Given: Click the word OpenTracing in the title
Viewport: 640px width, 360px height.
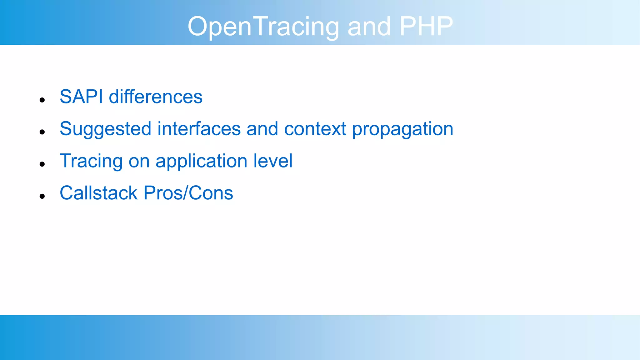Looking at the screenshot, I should [263, 27].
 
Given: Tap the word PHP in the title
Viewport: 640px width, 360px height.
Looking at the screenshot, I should [426, 26].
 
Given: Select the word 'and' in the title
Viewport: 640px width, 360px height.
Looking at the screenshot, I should [369, 27].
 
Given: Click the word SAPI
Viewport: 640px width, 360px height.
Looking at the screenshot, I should [81, 97].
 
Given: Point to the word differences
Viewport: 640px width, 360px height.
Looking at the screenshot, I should [156, 97].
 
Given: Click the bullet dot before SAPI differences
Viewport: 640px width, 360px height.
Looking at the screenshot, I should [42, 100].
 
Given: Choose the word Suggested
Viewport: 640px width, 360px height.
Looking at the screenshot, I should [105, 129].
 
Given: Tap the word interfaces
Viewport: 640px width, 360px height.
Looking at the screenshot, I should [199, 129].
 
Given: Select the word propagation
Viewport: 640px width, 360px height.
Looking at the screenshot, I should [402, 129].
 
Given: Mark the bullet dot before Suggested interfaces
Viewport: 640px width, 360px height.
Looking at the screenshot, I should [42, 132].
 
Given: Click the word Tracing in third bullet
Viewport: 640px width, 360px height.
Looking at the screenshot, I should [91, 162].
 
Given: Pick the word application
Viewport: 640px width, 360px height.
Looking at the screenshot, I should [202, 162].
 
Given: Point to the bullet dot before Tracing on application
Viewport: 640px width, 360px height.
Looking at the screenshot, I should [42, 164].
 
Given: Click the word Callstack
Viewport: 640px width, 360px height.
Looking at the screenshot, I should [98, 193].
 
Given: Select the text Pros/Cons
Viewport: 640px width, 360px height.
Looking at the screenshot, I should [188, 193].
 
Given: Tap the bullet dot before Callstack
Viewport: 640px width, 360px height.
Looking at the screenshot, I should [42, 196].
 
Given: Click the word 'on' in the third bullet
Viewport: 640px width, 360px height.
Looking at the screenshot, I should [139, 162].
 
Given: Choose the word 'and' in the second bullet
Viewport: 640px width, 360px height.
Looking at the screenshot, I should [262, 129].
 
